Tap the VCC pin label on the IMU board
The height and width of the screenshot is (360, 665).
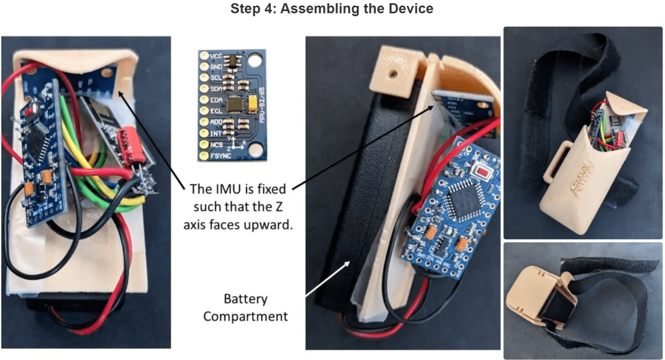click(x=216, y=56)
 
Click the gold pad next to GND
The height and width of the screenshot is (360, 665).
click(x=203, y=67)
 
